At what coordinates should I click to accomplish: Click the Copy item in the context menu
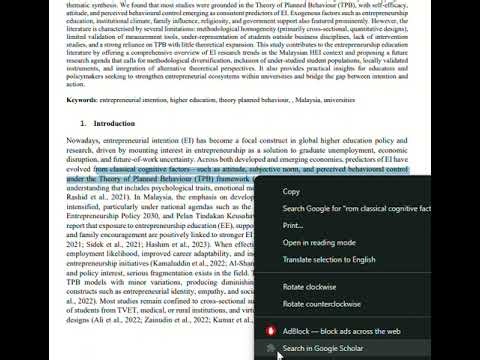click(x=291, y=191)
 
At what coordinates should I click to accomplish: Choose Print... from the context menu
click(x=293, y=225)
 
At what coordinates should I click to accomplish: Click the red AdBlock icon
click(x=268, y=330)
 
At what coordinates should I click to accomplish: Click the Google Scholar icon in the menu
click(x=268, y=347)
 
